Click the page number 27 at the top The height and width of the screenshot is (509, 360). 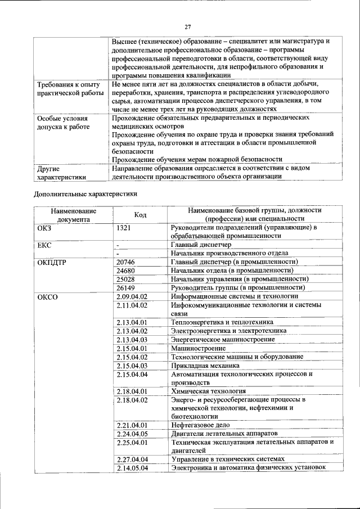point(188,26)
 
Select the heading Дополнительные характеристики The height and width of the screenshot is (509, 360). point(85,194)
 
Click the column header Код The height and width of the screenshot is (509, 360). point(140,214)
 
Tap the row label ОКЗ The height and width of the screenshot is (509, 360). point(44,227)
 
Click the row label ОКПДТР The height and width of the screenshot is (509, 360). point(52,262)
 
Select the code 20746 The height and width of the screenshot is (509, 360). point(125,262)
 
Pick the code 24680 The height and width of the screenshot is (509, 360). point(125,271)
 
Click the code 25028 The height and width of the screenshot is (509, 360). point(125,279)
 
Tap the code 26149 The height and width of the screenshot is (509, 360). point(125,288)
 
